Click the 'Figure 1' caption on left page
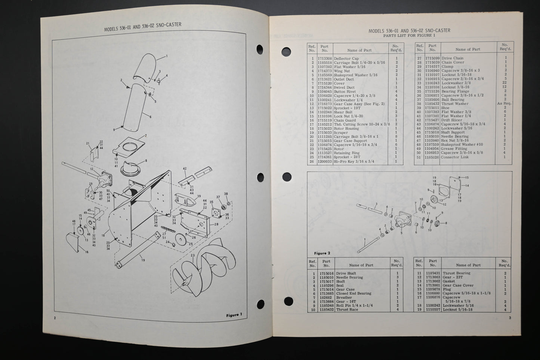(x=234, y=315)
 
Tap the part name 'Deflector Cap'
(x=346, y=59)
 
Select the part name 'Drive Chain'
(x=452, y=58)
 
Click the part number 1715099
(x=432, y=58)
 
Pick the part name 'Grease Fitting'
(x=454, y=149)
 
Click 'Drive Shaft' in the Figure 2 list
(x=346, y=274)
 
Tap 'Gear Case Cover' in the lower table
(x=458, y=285)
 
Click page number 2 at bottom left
(x=55, y=318)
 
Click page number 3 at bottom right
(x=510, y=318)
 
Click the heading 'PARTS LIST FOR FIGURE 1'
(x=409, y=36)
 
